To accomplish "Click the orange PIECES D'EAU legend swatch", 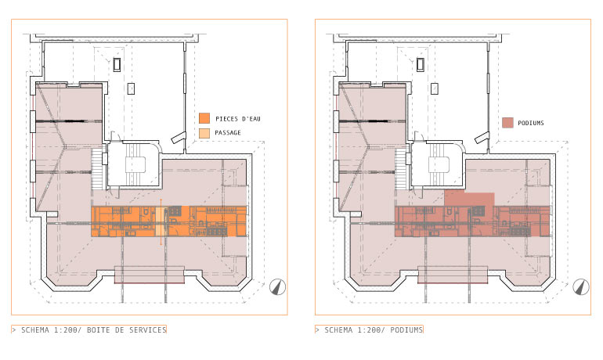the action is tap(204, 118).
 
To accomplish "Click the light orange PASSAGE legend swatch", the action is tap(204, 133).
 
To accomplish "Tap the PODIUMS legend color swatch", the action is tap(507, 123).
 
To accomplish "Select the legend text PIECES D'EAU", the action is tap(238, 119).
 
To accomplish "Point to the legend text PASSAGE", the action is tap(228, 133).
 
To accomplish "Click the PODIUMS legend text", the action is tap(531, 124).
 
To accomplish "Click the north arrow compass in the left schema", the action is tap(277, 287).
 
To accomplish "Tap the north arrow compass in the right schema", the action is tap(581, 287).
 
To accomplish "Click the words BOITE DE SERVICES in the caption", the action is tap(127, 329).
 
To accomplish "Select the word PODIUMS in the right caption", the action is tap(406, 329).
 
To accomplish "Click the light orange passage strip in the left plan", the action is tap(161, 221).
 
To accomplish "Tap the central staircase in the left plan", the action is tap(133, 164).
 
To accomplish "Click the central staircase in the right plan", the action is tap(437, 164).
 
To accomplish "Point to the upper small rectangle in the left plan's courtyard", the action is tap(117, 64).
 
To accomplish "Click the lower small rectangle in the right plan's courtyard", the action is tap(435, 88).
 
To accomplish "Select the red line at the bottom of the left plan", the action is tap(150, 283).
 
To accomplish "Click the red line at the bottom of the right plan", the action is tap(453, 283).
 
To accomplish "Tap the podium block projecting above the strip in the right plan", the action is tap(469, 199).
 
